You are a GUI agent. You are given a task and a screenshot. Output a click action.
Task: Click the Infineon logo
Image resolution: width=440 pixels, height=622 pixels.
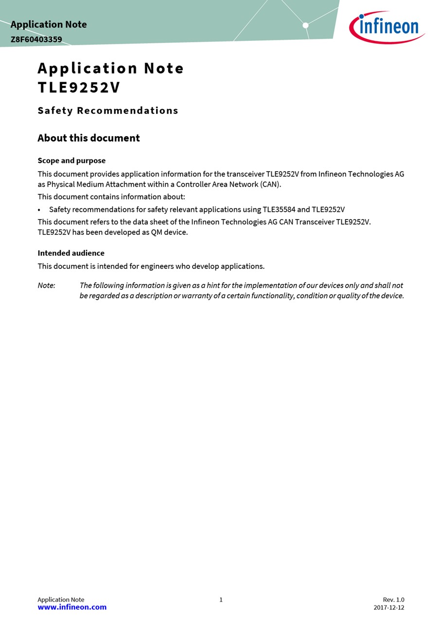pos(387,27)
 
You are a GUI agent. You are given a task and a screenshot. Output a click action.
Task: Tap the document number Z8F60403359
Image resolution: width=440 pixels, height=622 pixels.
pos(36,39)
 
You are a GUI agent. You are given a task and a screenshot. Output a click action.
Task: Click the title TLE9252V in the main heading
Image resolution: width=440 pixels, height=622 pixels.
pos(79,87)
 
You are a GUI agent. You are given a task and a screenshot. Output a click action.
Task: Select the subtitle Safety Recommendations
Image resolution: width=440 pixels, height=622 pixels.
pos(108,111)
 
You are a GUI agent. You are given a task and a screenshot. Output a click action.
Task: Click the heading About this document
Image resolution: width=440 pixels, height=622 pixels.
pos(88,138)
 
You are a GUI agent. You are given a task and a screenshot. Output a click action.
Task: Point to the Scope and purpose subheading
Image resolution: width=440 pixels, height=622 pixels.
pos(71,161)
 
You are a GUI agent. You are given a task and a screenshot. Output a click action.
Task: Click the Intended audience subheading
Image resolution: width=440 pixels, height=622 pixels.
pos(71,253)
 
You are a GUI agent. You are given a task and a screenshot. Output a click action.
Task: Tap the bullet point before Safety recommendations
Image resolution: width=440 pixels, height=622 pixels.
pos(39,210)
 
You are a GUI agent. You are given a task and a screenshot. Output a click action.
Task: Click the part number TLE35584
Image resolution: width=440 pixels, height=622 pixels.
pos(279,210)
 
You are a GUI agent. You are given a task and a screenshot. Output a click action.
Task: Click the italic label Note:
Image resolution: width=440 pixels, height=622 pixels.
pos(46,286)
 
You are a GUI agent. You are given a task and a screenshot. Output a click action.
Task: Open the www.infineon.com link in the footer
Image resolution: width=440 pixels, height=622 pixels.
pos(72,607)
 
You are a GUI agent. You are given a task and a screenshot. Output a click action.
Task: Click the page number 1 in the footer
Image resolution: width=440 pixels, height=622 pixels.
pos(221,600)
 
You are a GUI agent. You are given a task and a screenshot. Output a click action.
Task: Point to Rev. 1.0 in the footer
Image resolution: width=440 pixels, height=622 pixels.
pos(393,600)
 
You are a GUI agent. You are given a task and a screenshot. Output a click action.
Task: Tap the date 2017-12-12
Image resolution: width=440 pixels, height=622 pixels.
pos(388,607)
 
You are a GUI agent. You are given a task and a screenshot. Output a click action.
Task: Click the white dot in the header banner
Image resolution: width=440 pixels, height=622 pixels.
pos(305,25)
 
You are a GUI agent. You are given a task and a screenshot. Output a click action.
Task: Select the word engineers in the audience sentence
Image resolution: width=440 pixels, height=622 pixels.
pos(157,266)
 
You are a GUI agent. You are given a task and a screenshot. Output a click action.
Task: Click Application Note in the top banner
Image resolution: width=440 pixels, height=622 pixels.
pos(49,24)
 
